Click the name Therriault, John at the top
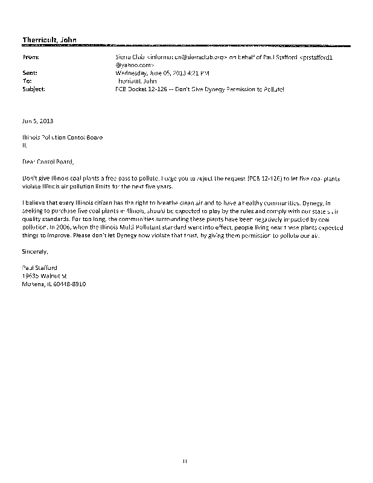[x=49, y=40]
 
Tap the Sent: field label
[x=30, y=72]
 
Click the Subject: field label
[x=33, y=88]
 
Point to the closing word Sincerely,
[x=35, y=251]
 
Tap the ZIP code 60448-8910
[x=69, y=283]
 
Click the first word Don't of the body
[x=30, y=179]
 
